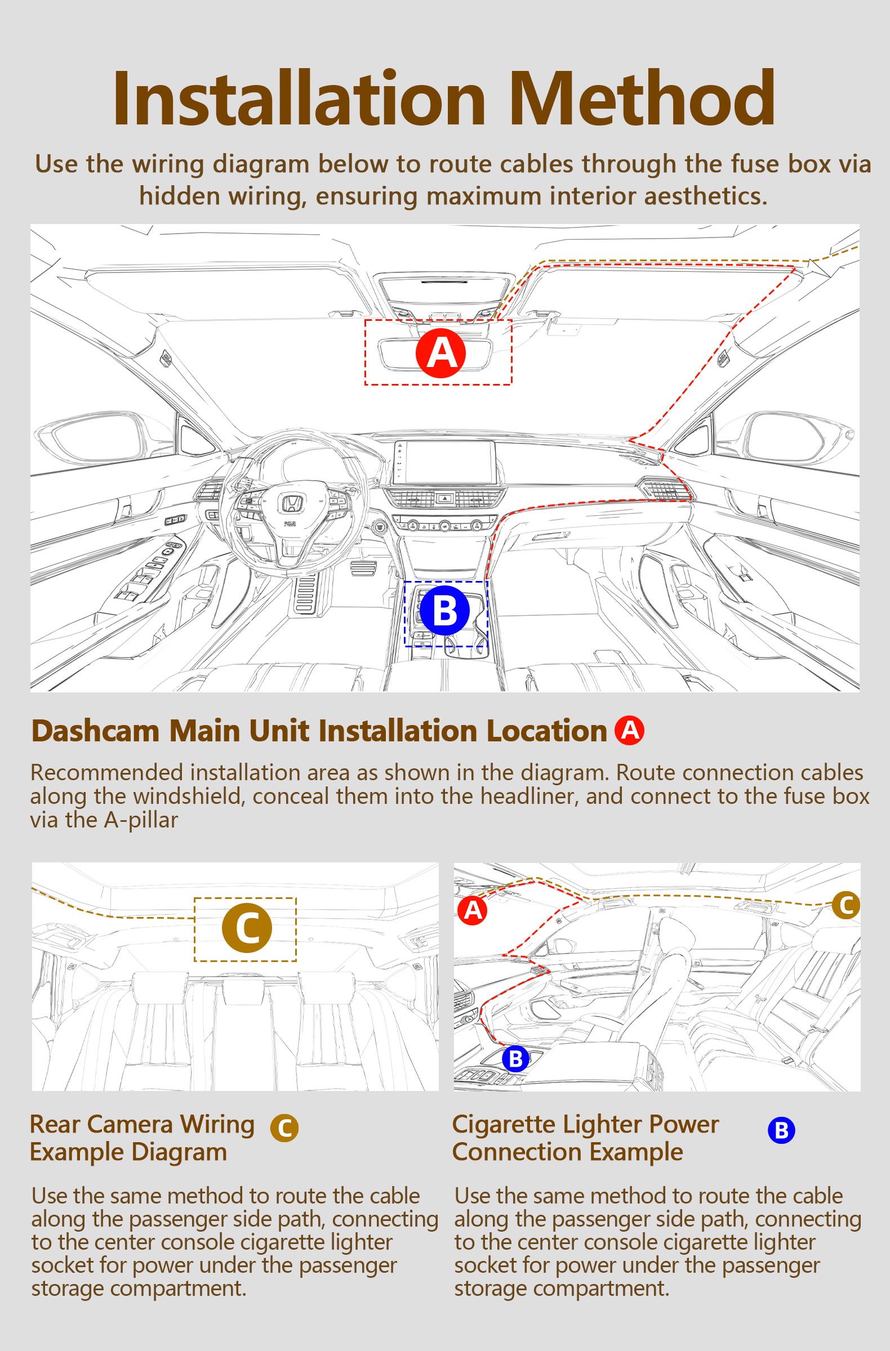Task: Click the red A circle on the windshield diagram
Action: [x=440, y=353]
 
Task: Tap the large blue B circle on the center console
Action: [x=444, y=611]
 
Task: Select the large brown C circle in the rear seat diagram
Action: [x=247, y=928]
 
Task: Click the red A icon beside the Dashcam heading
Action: [x=629, y=730]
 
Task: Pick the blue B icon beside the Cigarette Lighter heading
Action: [x=781, y=1130]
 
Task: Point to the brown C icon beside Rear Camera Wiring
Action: [x=284, y=1128]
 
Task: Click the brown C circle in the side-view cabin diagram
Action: [x=846, y=905]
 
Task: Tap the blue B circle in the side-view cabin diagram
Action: [x=516, y=1059]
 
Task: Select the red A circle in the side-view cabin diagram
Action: [x=473, y=910]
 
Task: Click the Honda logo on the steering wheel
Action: [x=292, y=503]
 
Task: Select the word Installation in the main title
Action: [x=299, y=97]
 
